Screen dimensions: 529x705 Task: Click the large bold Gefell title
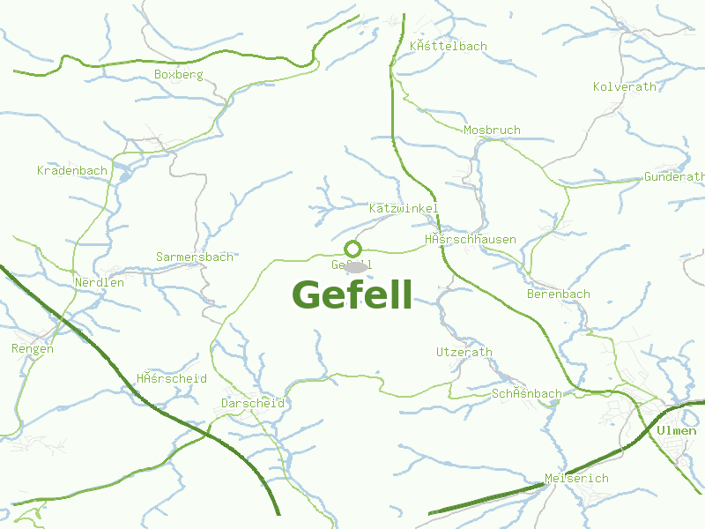[x=352, y=295]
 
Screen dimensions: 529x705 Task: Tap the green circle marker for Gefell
[x=353, y=249]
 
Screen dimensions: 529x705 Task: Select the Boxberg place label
[x=178, y=75]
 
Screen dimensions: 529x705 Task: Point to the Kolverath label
[x=625, y=86]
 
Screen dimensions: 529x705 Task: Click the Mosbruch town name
[x=492, y=130]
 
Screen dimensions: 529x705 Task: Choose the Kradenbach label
[x=72, y=170]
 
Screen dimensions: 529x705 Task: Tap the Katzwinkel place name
[x=403, y=208]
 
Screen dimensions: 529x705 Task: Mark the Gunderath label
[x=674, y=176]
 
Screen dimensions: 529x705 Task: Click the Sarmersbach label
[x=195, y=257]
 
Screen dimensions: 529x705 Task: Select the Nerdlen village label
[x=100, y=283]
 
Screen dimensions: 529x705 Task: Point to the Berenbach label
[x=559, y=294]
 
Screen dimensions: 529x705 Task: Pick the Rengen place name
[x=33, y=348]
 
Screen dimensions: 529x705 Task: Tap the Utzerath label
[x=464, y=352]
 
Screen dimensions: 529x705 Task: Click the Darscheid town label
[x=253, y=403]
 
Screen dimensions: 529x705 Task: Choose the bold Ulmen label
[x=676, y=431]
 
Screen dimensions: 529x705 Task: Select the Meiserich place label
[x=576, y=478]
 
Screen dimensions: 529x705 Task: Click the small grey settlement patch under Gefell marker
[x=356, y=267]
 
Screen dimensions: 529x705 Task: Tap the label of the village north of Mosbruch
[x=448, y=46]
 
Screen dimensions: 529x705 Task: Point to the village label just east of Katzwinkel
[x=470, y=240]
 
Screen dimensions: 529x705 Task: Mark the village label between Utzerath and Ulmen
[x=526, y=393]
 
